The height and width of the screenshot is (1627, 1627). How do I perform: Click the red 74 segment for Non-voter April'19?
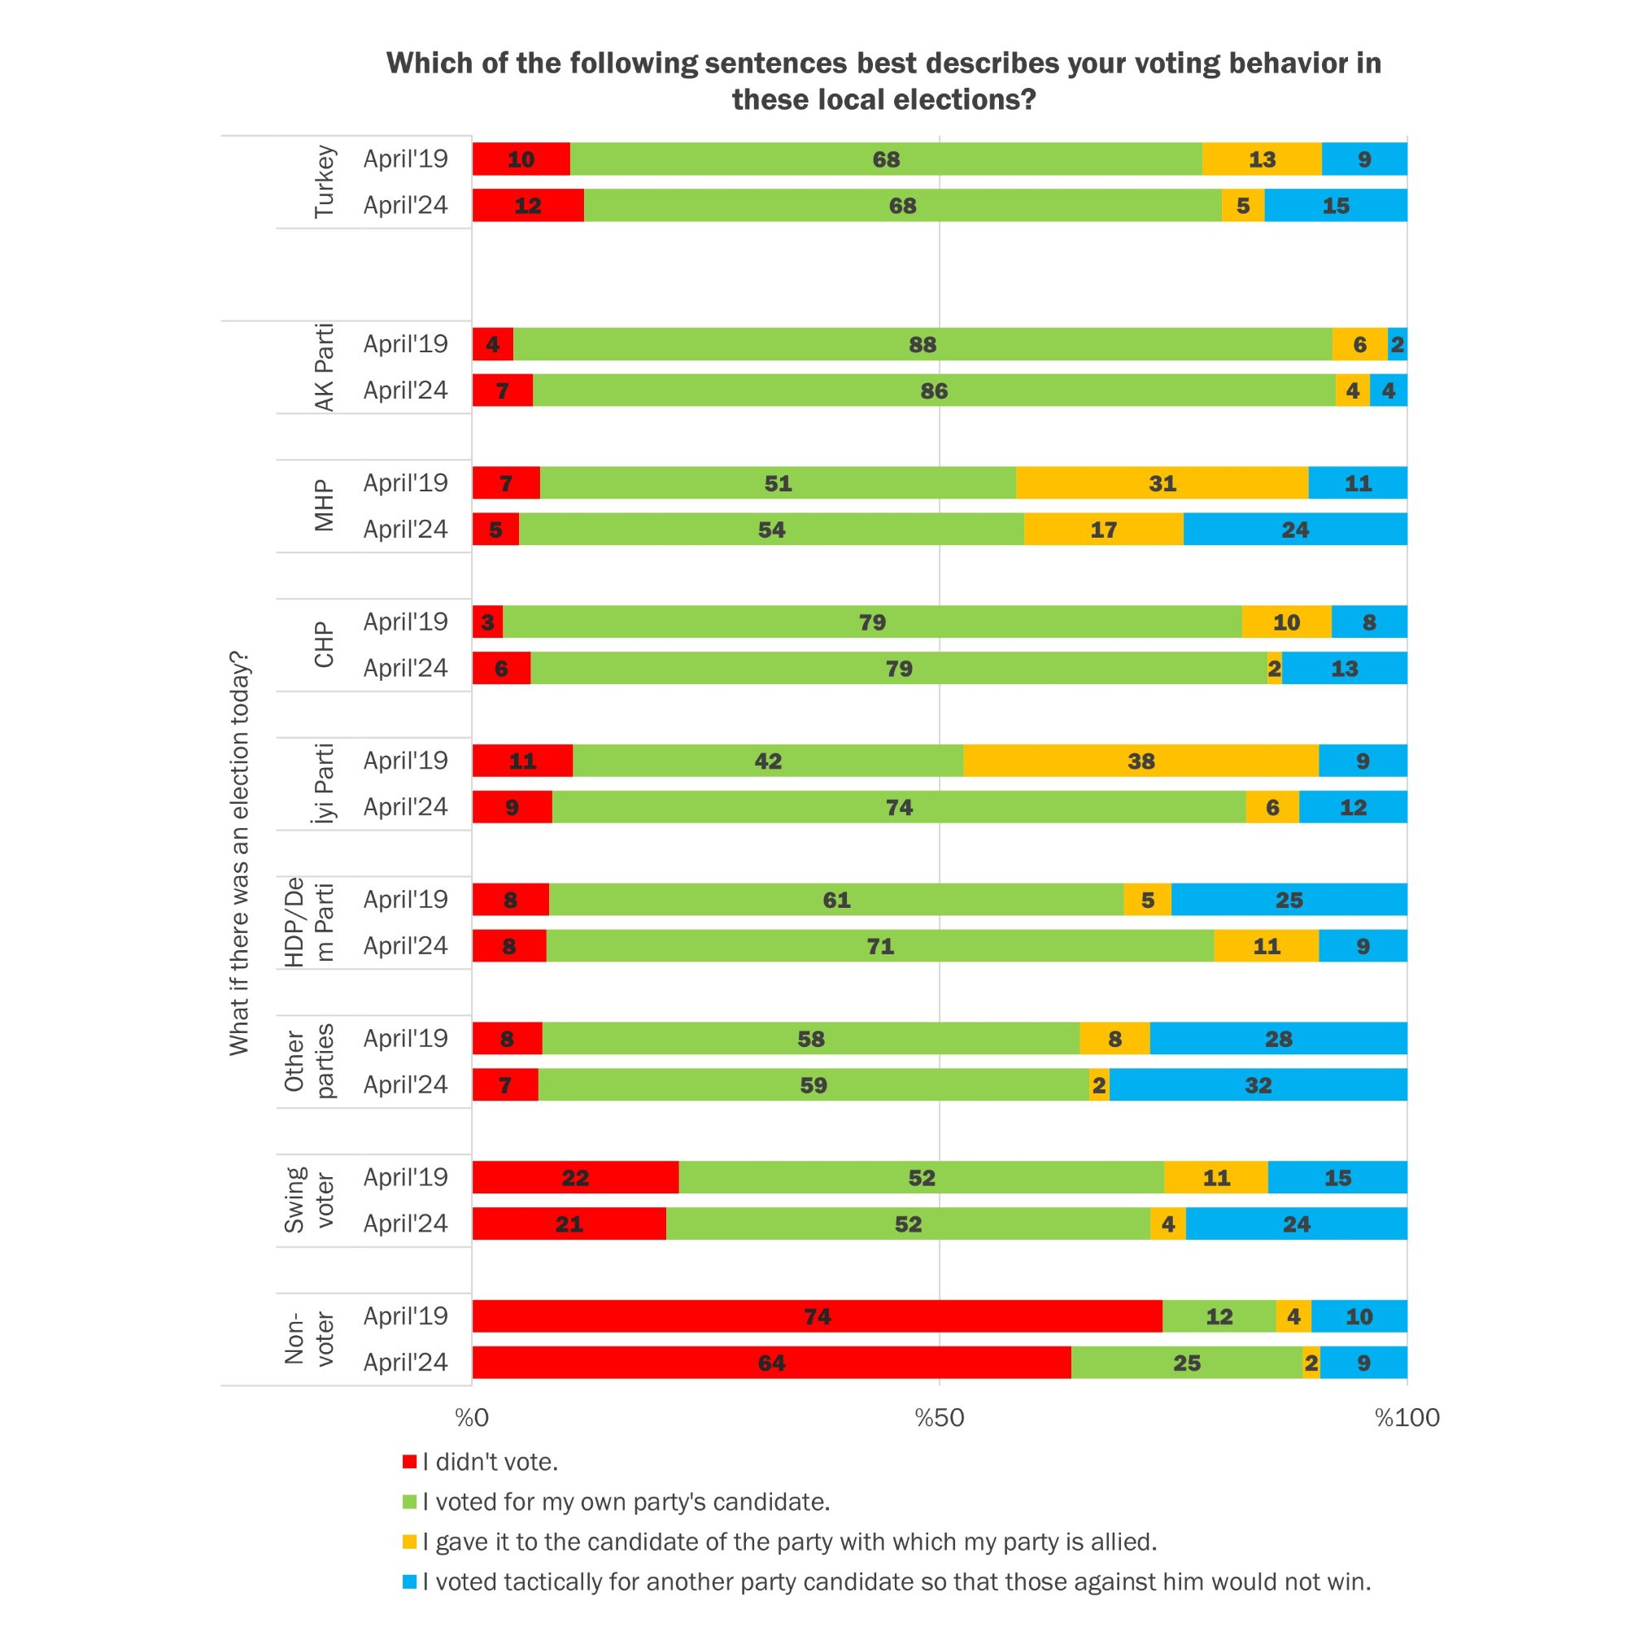pos(817,1316)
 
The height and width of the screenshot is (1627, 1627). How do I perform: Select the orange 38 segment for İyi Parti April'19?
pos(1141,761)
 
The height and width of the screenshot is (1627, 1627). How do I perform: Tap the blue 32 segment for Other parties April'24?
pos(1258,1084)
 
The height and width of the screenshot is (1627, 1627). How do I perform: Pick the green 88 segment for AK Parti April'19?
pos(923,343)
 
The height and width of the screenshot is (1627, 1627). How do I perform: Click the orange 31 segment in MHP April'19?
pos(1162,482)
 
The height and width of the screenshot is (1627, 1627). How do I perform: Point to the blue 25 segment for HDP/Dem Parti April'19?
pos(1289,900)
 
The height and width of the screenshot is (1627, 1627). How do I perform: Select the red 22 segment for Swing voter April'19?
pos(575,1177)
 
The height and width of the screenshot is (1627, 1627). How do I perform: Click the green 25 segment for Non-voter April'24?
pos(1187,1363)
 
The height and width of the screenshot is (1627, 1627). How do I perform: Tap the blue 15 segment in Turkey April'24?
pos(1336,206)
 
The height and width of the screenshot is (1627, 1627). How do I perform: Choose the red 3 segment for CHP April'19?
pos(487,622)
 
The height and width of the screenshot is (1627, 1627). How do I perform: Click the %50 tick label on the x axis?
pos(939,1418)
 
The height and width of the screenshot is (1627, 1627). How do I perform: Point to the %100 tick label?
pos(1407,1418)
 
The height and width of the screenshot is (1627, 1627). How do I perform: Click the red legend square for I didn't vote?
pos(410,1462)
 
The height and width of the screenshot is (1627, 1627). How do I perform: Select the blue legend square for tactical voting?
pos(410,1581)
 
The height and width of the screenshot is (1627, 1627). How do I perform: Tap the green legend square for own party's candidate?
pos(410,1502)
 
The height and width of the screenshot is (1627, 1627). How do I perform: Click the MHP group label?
pos(325,505)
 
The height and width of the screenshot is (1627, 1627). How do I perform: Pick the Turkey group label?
pos(325,182)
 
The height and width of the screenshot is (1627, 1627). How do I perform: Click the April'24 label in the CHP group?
pos(405,668)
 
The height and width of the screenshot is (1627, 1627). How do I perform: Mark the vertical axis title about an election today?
pos(239,853)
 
